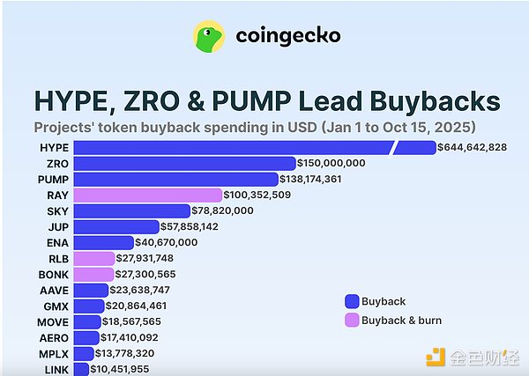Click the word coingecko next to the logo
(287, 36)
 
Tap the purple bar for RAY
(147, 195)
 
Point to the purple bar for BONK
(94, 274)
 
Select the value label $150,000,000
(332, 163)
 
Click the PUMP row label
(55, 179)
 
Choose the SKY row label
(57, 211)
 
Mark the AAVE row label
(55, 290)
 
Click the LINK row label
(56, 369)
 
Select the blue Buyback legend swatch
(351, 301)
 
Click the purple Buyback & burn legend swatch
(351, 320)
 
